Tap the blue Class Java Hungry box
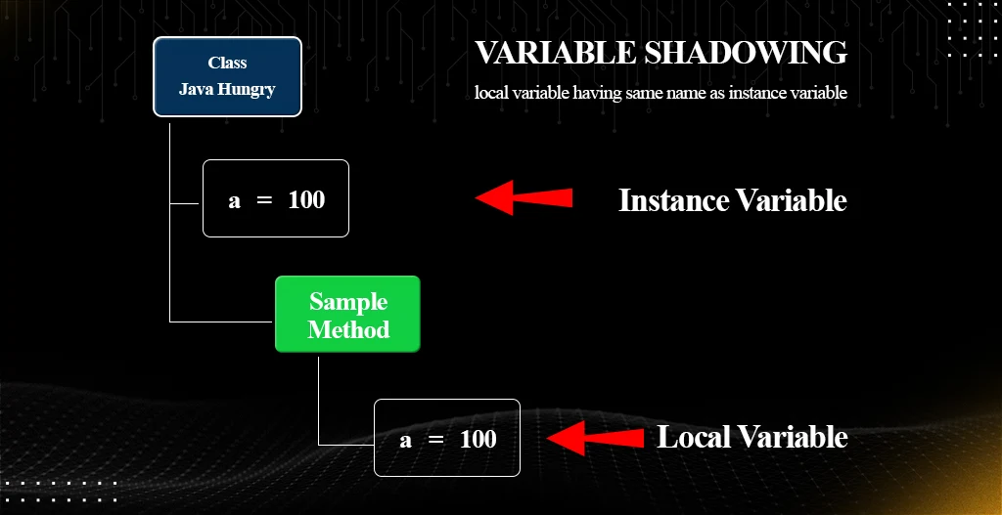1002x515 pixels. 227,76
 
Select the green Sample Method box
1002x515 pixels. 347,315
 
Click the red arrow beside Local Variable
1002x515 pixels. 594,438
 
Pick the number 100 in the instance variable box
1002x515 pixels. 306,199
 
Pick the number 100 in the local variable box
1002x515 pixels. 478,439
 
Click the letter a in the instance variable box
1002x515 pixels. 234,200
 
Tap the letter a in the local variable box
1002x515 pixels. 406,440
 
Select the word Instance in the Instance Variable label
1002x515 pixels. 673,200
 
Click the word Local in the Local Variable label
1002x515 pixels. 695,437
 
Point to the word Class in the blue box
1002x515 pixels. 227,63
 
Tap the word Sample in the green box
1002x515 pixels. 348,302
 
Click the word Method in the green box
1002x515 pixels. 348,329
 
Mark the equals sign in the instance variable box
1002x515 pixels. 263,200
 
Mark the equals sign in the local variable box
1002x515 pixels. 436,440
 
